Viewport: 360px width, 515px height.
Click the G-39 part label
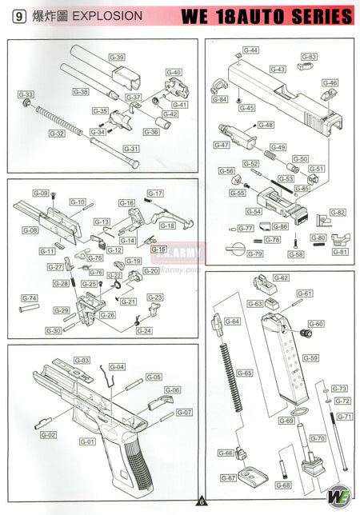click(x=117, y=58)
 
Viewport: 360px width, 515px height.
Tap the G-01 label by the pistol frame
click(x=86, y=441)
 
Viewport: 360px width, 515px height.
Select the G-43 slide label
click(x=278, y=70)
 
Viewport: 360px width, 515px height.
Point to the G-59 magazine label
click(x=310, y=357)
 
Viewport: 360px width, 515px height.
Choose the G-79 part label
click(x=254, y=254)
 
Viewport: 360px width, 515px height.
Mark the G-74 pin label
click(x=29, y=298)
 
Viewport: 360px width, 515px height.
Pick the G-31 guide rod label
click(x=130, y=149)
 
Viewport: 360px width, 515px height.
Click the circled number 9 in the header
click(x=17, y=15)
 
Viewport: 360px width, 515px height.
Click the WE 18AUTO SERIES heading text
click(x=266, y=16)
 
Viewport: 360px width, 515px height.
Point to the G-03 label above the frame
click(x=82, y=361)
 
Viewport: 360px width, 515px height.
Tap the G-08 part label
click(x=30, y=230)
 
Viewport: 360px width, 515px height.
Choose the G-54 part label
click(x=254, y=212)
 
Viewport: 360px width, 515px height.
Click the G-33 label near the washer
click(x=26, y=94)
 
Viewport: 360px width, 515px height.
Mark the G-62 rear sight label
click(x=280, y=277)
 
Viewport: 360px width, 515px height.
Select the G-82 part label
click(x=338, y=213)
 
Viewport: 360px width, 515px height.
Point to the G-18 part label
click(x=167, y=226)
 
